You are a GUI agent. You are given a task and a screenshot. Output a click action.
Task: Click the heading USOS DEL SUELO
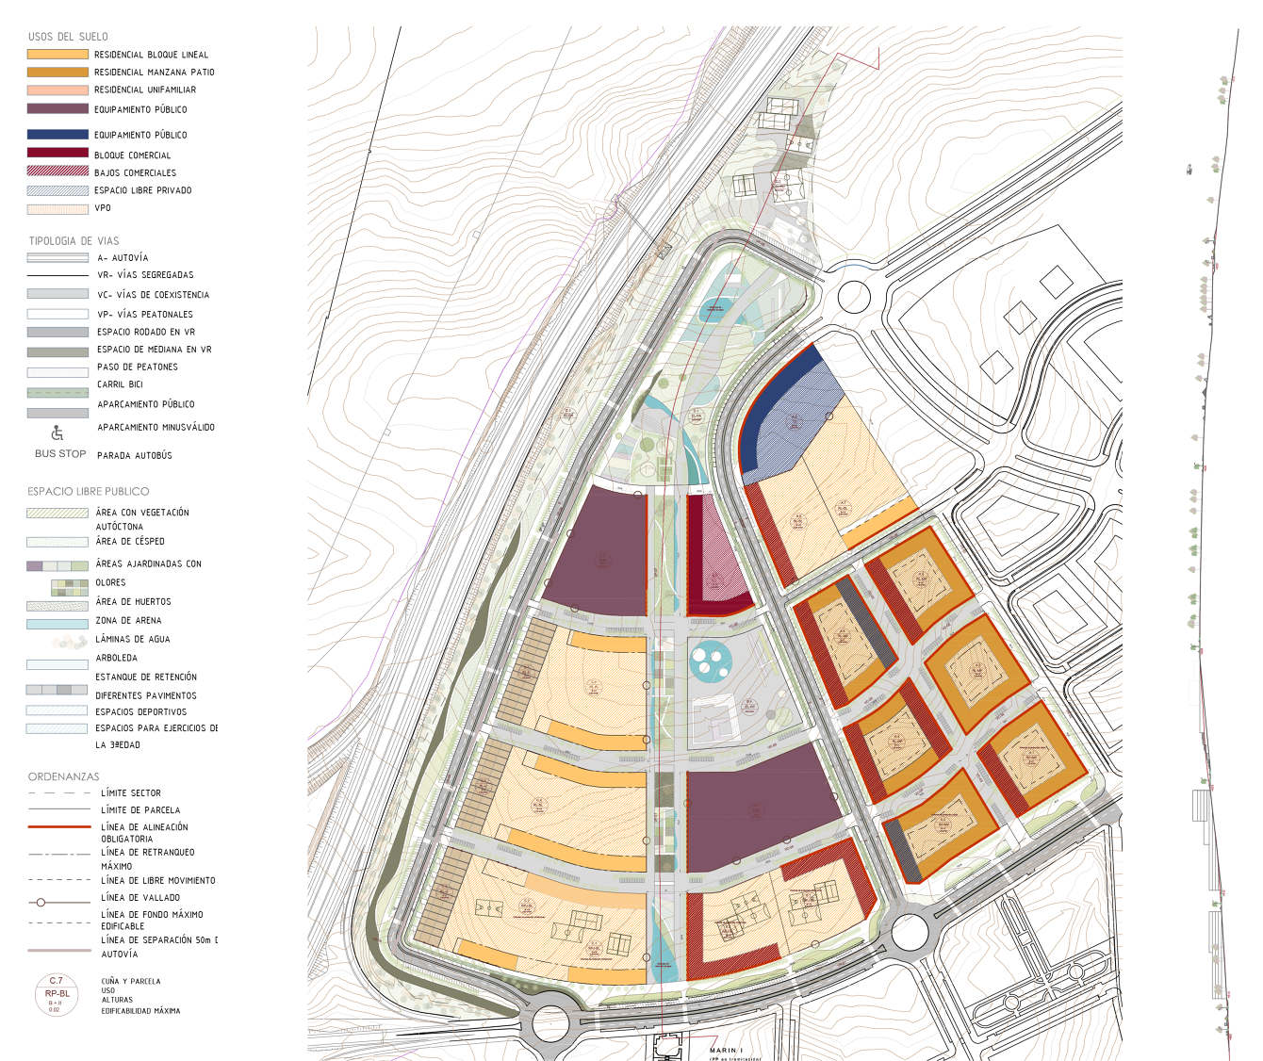pyautogui.click(x=68, y=37)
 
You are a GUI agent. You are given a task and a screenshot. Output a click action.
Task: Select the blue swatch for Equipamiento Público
pyautogui.click(x=57, y=135)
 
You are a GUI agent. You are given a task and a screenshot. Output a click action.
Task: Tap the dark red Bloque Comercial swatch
pyautogui.click(x=57, y=154)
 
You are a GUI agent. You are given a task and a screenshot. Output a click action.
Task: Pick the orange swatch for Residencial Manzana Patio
pyautogui.click(x=57, y=72)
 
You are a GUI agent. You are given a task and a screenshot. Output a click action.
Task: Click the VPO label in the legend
pyautogui.click(x=102, y=208)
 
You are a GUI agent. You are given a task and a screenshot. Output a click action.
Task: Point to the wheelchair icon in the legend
pyautogui.click(x=57, y=433)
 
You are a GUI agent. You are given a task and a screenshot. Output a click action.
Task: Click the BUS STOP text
pyautogui.click(x=60, y=454)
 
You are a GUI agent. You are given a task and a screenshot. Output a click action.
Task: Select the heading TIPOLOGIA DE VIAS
pyautogui.click(x=74, y=241)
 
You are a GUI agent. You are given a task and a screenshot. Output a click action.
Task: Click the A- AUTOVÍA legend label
pyautogui.click(x=123, y=258)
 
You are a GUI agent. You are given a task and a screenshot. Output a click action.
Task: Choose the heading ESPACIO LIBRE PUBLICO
pyautogui.click(x=88, y=492)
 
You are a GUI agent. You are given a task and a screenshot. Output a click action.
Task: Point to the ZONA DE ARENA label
pyautogui.click(x=128, y=621)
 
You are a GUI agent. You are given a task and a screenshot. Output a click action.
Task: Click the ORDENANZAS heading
pyautogui.click(x=63, y=777)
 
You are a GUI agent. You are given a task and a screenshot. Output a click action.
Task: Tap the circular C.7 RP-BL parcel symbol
pyautogui.click(x=57, y=995)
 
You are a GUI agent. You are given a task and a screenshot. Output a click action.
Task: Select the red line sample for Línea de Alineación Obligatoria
pyautogui.click(x=57, y=826)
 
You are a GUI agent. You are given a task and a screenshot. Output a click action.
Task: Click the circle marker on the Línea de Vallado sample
pyautogui.click(x=41, y=903)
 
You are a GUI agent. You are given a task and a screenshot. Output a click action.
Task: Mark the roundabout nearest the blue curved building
pyautogui.click(x=853, y=296)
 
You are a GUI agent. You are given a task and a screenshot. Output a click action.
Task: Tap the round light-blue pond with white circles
pyautogui.click(x=710, y=660)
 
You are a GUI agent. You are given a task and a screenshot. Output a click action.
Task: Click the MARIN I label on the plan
pyautogui.click(x=727, y=1050)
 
